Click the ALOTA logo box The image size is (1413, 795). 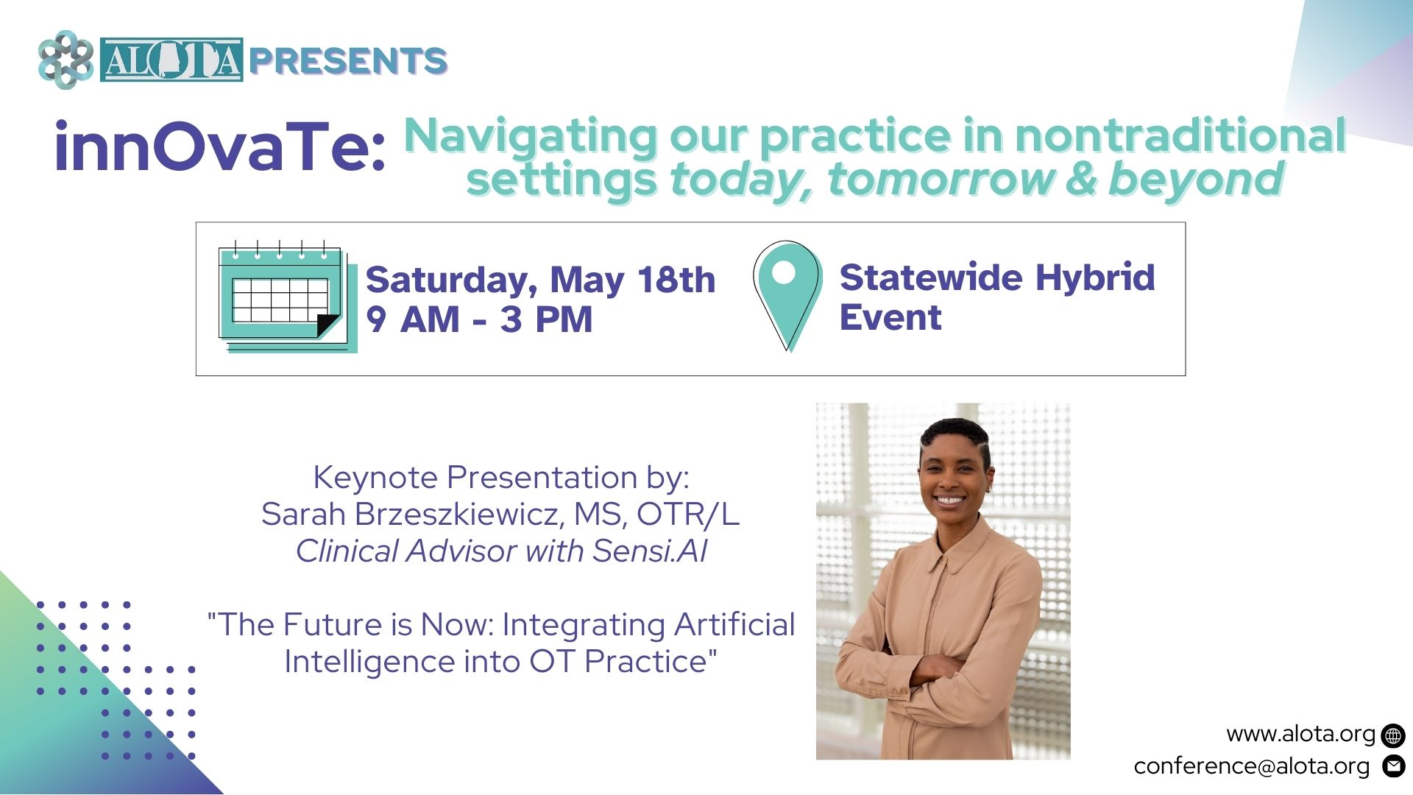[171, 60]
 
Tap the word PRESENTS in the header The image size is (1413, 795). [348, 60]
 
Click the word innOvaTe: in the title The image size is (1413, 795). [220, 146]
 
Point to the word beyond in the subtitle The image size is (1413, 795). [1196, 180]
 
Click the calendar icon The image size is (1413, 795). [287, 297]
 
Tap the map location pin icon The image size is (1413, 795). [786, 295]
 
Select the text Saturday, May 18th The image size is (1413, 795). [540, 280]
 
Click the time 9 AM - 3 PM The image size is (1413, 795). [479, 319]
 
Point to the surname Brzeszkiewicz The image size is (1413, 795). [460, 515]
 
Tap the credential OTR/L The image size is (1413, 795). [688, 515]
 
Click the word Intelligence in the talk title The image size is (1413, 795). [369, 662]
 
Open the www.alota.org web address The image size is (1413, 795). [1300, 734]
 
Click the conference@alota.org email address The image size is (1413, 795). [1252, 766]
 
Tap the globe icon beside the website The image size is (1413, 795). [1393, 735]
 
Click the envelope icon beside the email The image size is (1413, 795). [1393, 766]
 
